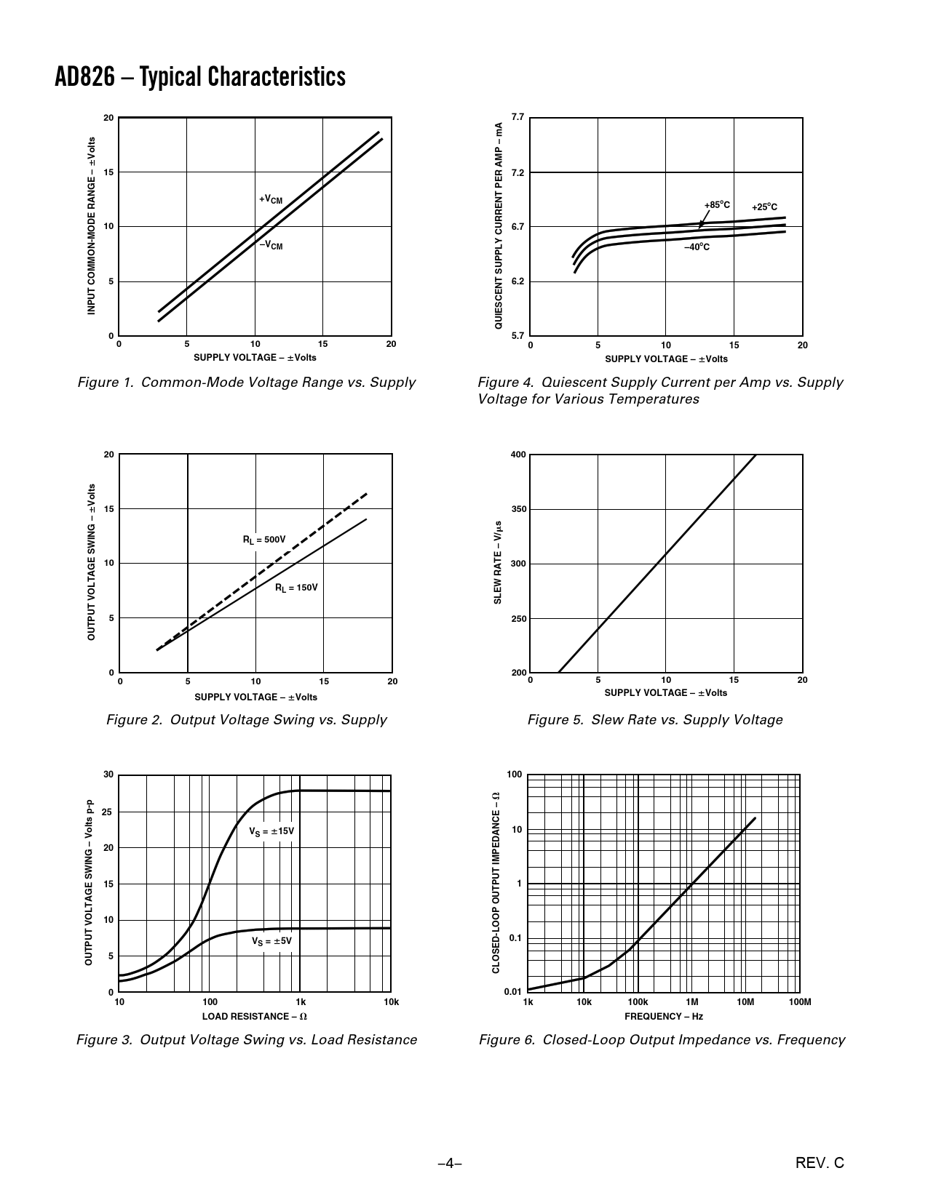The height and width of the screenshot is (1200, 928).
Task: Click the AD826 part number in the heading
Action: click(x=84, y=76)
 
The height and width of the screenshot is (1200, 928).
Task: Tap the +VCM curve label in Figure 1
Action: click(x=271, y=199)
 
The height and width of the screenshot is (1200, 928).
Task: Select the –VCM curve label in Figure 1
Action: click(x=271, y=246)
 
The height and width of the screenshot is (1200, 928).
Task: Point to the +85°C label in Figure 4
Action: click(x=717, y=205)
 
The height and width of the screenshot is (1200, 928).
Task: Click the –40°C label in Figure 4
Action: click(x=697, y=247)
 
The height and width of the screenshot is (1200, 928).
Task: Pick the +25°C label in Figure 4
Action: click(x=764, y=207)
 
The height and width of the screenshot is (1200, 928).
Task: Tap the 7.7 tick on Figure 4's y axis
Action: click(x=517, y=117)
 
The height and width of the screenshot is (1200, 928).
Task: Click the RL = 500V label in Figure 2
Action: click(x=264, y=540)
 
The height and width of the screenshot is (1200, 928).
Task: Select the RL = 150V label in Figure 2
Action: click(x=296, y=588)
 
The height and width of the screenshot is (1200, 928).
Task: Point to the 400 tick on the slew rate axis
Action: click(x=518, y=455)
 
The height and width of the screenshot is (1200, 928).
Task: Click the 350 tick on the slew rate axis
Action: click(x=518, y=509)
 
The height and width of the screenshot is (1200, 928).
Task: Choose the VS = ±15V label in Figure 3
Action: click(x=271, y=831)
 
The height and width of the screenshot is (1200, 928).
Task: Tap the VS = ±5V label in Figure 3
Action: click(x=271, y=941)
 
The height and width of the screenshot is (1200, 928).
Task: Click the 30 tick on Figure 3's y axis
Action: click(x=108, y=775)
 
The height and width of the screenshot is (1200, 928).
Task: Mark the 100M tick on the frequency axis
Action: click(x=799, y=1002)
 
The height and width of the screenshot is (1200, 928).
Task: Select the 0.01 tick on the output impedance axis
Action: click(x=513, y=992)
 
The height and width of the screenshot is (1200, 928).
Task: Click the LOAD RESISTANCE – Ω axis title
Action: click(x=255, y=1017)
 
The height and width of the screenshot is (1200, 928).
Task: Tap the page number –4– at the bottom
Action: click(x=450, y=1164)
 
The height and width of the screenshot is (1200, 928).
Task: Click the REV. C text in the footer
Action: click(x=820, y=1164)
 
